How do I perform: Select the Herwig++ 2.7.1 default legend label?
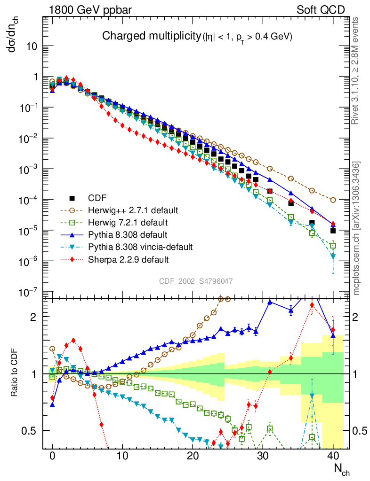pos(127,210)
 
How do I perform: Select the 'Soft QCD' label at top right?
pos(321,9)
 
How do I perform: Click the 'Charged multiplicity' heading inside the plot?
pos(151,37)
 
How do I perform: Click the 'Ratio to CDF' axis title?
pos(15,374)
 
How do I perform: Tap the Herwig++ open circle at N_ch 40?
pos(333,200)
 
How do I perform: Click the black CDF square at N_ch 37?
pos(312,223)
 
